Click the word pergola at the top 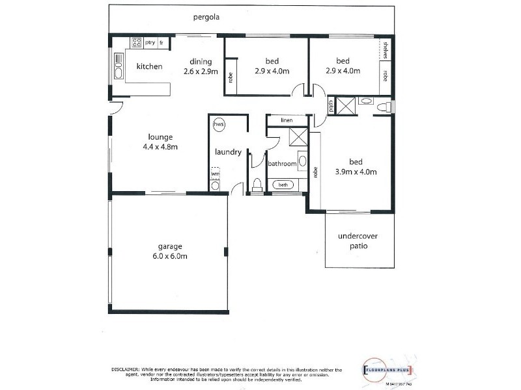[205, 18]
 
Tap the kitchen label [149, 66]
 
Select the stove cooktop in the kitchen [137, 42]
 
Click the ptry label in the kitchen [150, 43]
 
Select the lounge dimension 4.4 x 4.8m [160, 147]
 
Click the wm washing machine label [215, 174]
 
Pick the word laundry [229, 153]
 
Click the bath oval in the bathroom [283, 185]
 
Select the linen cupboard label [287, 120]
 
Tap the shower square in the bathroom [299, 136]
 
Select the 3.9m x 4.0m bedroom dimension [355, 172]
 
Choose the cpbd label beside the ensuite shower [331, 105]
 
